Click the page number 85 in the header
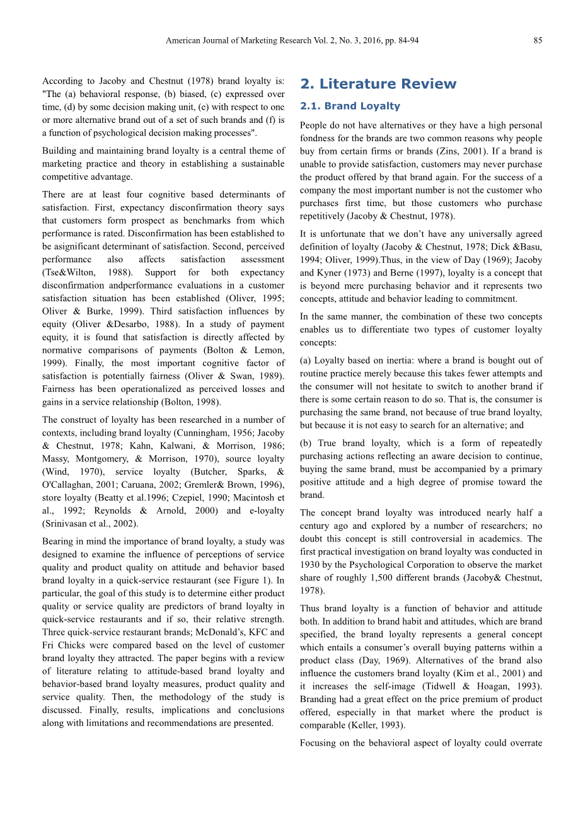tap(538, 40)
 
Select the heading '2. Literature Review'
tap(378, 84)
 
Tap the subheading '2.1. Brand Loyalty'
tap(350, 106)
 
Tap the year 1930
tap(310, 565)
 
